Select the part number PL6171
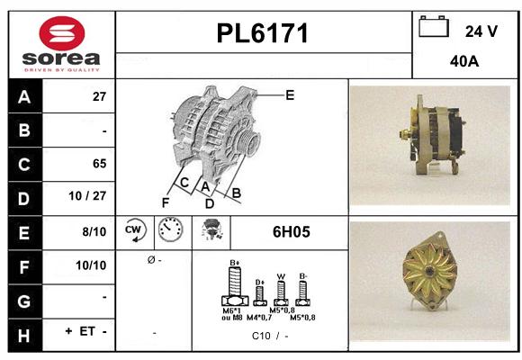coord(263,34)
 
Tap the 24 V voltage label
coord(481,31)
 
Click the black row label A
coord(23,96)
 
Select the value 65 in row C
coord(98,164)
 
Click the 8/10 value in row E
coord(94,231)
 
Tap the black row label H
coord(23,331)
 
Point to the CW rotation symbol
coord(135,231)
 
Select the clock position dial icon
coord(169,231)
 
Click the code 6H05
coord(291,231)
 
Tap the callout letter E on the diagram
coord(289,94)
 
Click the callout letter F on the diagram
coord(165,202)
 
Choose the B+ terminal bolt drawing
coord(234,288)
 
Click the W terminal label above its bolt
coord(281,276)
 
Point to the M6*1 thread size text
coord(231,310)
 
